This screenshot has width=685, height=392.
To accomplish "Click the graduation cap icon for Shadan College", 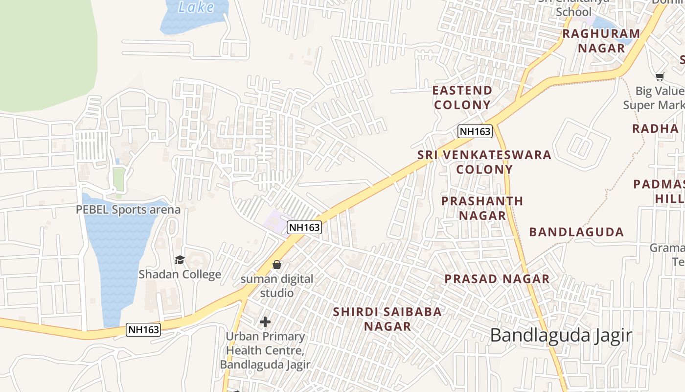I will [x=180, y=260].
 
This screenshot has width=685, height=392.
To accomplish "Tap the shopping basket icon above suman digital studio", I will [x=277, y=265].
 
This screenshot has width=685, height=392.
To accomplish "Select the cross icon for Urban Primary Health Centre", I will [x=265, y=322].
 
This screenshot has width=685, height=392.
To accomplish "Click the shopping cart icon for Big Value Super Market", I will [x=660, y=76].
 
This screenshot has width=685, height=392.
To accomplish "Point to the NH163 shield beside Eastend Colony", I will [x=475, y=131].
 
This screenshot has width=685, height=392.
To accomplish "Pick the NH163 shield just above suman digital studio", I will [x=304, y=227].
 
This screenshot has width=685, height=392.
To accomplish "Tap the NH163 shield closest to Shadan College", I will [x=143, y=330].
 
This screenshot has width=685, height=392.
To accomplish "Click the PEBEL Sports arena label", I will [x=128, y=210].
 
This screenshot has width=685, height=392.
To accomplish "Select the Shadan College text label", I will [x=180, y=274].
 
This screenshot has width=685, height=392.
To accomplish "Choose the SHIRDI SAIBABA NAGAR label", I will [x=388, y=319].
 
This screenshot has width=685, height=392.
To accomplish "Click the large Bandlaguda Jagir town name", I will [x=561, y=336].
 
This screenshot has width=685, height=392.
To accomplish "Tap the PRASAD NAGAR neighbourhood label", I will [x=497, y=279].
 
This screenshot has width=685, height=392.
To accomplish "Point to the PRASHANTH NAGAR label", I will [x=482, y=208].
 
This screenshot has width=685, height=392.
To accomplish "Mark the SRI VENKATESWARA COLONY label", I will [x=484, y=162].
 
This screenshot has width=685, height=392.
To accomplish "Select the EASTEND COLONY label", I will [x=462, y=98].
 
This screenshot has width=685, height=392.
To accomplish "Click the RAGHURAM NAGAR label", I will [x=601, y=41].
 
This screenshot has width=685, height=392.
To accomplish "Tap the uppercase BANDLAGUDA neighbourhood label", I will [x=576, y=232].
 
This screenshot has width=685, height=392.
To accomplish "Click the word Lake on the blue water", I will [x=196, y=7].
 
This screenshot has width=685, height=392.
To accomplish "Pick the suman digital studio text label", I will [x=277, y=286].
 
